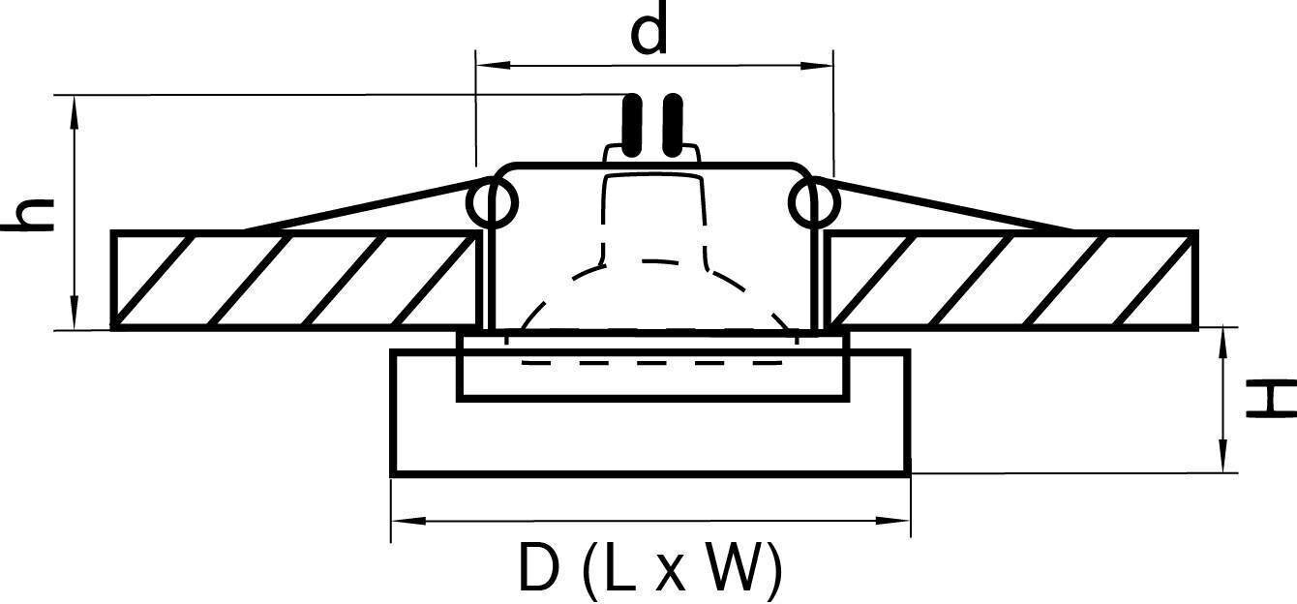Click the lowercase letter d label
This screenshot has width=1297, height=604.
pos(649,32)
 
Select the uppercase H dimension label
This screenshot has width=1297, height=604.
pos(1270,399)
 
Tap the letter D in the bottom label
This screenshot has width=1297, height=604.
pos(538,569)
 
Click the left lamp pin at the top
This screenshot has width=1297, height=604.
pos(633,126)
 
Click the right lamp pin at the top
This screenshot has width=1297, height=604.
pos(673,126)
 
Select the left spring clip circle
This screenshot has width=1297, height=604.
pos(493,203)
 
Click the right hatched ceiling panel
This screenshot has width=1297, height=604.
pos(1011,281)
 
